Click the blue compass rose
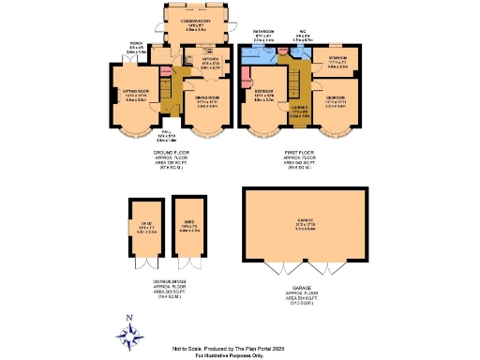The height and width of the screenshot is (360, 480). click(130, 332)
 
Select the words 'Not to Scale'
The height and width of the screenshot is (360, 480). click(212, 347)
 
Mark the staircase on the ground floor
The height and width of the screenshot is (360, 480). click(168, 94)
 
